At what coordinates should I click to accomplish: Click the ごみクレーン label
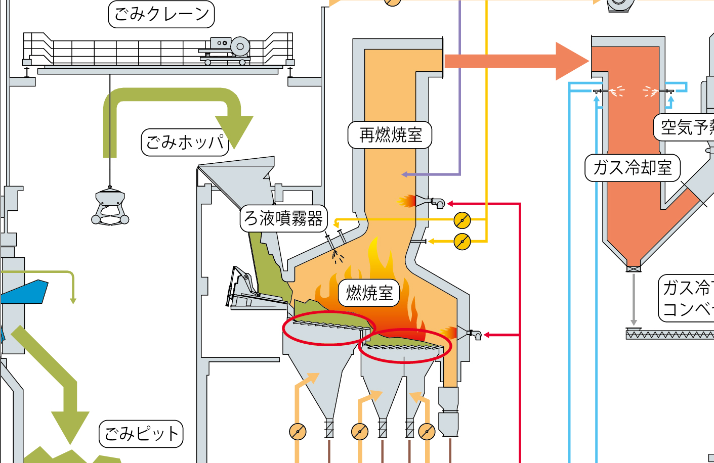161,14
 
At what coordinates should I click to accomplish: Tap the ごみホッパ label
185,143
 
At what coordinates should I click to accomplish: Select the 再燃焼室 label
390,135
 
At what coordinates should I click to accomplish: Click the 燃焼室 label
369,293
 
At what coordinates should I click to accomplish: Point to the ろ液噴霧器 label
283,218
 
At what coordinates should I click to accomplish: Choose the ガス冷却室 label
632,168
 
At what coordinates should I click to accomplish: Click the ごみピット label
141,434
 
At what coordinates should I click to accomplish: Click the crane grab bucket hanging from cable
110,207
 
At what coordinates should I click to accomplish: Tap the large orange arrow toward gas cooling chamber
516,61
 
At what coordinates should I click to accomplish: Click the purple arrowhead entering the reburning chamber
405,175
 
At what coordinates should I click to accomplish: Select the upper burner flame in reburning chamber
406,201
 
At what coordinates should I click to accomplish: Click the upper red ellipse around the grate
328,328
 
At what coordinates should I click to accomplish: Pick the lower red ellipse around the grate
404,346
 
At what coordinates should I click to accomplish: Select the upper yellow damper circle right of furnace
462,220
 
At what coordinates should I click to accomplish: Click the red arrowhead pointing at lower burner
487,335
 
